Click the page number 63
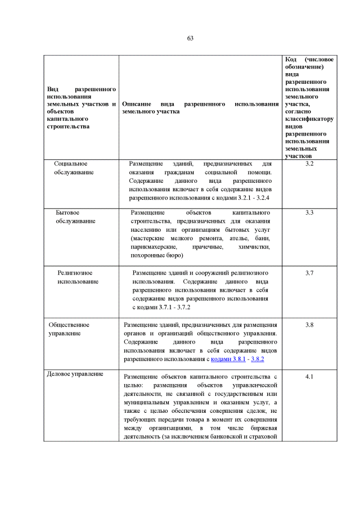(190, 38)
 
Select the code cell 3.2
(309, 164)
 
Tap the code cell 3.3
(309, 213)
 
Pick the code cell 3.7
(309, 273)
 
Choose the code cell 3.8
(309, 325)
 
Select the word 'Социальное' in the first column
(70, 164)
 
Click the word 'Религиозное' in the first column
(75, 273)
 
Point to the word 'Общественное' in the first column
(69, 325)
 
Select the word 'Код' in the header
(291, 60)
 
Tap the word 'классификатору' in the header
(309, 119)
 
